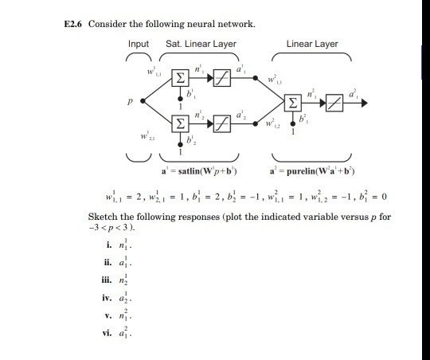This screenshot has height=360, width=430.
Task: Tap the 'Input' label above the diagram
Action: click(x=138, y=44)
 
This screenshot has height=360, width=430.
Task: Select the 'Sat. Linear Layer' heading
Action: click(x=201, y=44)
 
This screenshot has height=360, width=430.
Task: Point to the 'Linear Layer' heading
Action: click(x=312, y=44)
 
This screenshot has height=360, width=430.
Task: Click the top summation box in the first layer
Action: click(x=182, y=76)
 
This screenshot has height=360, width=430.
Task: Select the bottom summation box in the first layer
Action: click(x=182, y=123)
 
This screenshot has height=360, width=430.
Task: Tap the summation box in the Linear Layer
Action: click(x=295, y=101)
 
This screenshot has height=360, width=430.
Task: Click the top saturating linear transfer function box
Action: click(x=220, y=76)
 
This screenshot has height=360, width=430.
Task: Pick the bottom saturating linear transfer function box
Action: click(x=220, y=123)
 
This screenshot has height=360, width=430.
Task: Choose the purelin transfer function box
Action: click(x=335, y=101)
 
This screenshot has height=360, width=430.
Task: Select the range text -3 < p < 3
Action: click(x=111, y=229)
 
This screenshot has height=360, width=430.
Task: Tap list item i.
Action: click(x=104, y=245)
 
